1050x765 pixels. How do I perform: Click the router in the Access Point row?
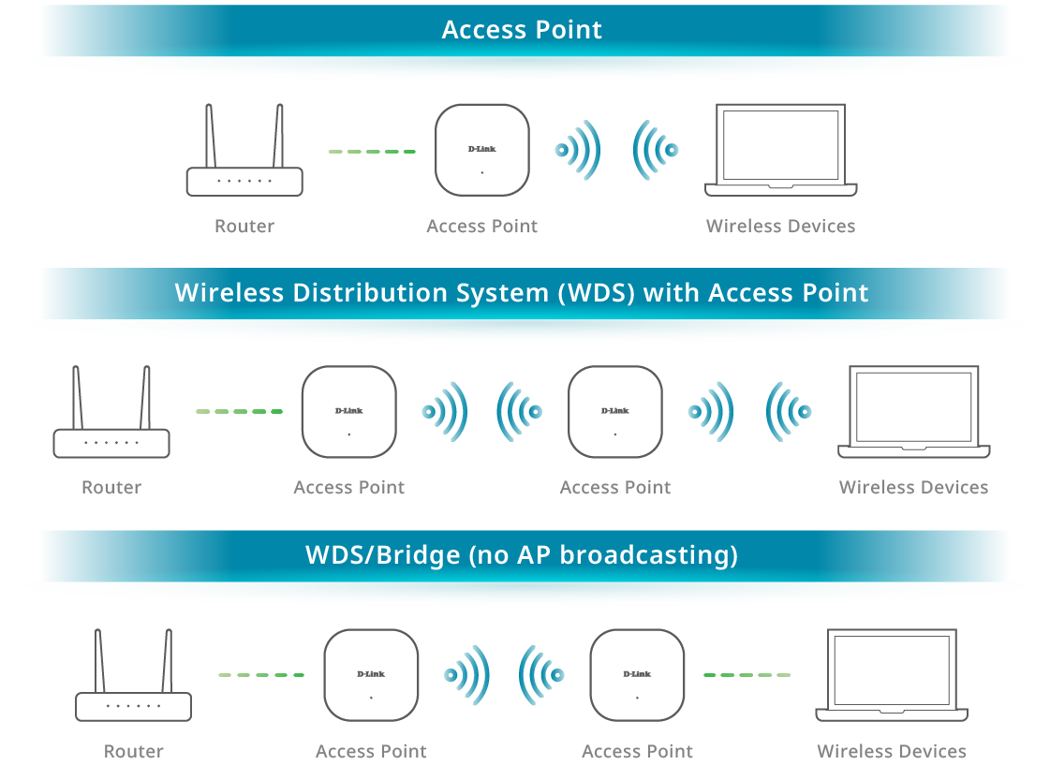tap(244, 180)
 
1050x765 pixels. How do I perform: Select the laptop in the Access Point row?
tap(779, 150)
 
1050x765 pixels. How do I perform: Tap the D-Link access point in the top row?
tap(482, 151)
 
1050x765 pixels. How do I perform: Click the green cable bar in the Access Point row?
tap(381, 171)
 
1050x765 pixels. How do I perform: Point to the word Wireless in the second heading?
tap(229, 292)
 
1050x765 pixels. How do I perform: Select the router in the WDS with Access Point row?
tap(111, 442)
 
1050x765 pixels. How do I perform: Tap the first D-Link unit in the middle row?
tap(349, 412)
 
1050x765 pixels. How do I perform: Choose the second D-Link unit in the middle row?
tap(614, 412)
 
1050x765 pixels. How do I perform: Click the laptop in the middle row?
tap(913, 412)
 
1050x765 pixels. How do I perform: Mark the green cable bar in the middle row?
tap(248, 432)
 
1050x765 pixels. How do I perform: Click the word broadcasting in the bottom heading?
tap(648, 555)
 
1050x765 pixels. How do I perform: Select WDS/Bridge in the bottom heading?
tap(382, 555)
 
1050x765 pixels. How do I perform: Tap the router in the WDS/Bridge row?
tap(133, 705)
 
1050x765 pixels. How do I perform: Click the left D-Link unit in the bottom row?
tap(371, 675)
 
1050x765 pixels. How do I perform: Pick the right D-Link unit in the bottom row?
tap(637, 675)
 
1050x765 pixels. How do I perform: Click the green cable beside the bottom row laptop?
tap(765, 690)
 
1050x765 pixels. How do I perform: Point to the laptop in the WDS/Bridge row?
tap(892, 675)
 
